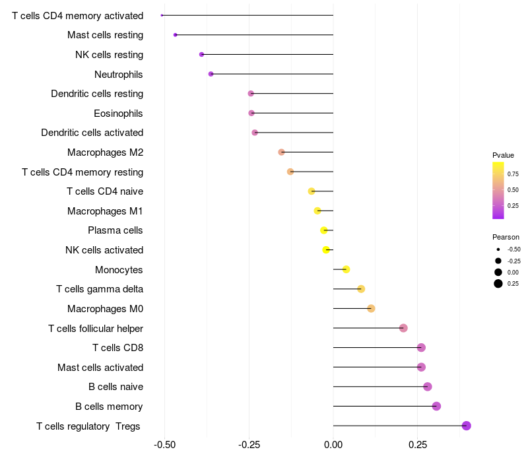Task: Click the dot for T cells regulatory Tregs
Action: (467, 426)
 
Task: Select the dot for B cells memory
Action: (436, 406)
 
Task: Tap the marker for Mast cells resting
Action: (175, 35)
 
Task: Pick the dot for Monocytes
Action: (346, 269)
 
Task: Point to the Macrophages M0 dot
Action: (371, 308)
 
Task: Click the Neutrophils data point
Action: (211, 74)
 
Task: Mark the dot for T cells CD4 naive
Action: (312, 191)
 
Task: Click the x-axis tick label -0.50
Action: (164, 445)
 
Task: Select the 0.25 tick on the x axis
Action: (418, 445)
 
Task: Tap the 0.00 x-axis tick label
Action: (333, 445)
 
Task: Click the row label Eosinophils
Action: (118, 114)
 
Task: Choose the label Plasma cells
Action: (115, 230)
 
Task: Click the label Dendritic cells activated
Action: (92, 133)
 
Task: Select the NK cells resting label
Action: (109, 55)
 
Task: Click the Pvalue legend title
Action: (503, 155)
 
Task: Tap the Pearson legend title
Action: (506, 237)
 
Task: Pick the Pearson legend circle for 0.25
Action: (498, 284)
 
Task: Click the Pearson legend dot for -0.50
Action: (498, 249)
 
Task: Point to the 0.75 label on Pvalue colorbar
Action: (513, 174)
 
